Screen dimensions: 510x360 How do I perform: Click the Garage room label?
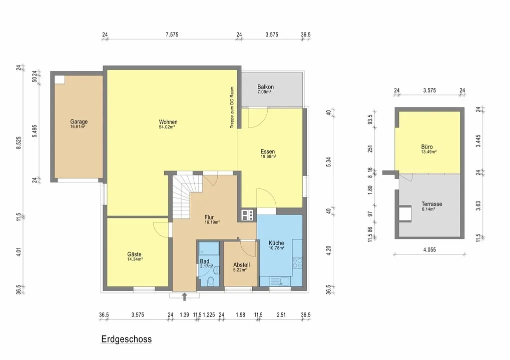[x=79, y=121]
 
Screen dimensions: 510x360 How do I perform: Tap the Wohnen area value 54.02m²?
[x=168, y=127]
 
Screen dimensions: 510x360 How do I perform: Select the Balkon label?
[x=265, y=87]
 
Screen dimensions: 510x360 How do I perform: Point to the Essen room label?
[x=268, y=151]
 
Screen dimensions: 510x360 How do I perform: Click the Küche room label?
[x=276, y=242]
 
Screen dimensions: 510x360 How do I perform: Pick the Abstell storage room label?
[x=241, y=265]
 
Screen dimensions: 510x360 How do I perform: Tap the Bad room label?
[x=205, y=261]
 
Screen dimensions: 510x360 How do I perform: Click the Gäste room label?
[x=134, y=254]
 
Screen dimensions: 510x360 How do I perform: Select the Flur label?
[x=209, y=217]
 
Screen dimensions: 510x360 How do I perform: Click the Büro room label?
[x=427, y=147]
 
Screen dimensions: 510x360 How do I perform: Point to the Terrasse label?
[x=431, y=204]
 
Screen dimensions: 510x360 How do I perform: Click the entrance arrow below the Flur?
[x=184, y=296]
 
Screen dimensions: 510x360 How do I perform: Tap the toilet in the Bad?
[x=211, y=280]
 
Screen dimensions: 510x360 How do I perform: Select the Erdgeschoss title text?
[x=127, y=339]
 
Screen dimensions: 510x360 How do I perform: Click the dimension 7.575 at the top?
[x=172, y=34]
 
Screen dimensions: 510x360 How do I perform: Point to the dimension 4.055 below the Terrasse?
[x=429, y=249]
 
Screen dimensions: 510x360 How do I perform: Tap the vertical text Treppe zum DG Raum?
[x=232, y=107]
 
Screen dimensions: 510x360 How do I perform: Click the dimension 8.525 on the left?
[x=19, y=142]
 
